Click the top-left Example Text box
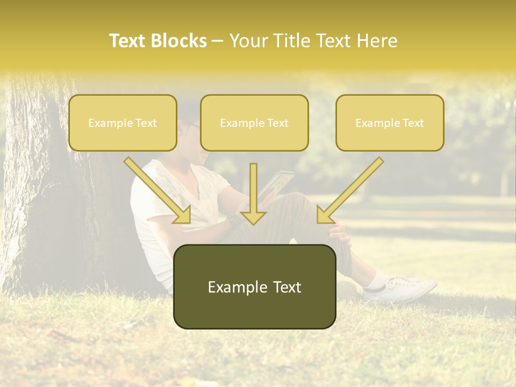tap(123, 123)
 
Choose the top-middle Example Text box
tap(254, 123)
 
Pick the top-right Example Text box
tap(390, 123)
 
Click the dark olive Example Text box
tap(254, 287)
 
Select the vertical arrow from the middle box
tap(253, 193)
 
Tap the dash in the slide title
tap(218, 41)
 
